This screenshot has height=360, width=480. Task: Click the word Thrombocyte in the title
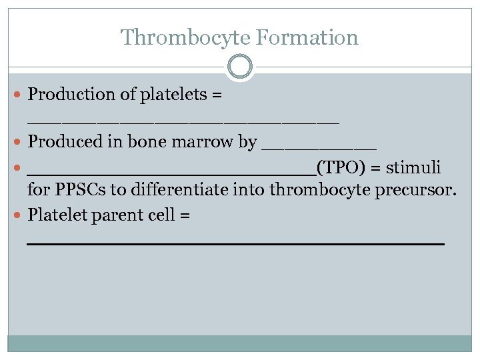(x=174, y=37)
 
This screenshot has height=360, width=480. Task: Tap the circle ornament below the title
(x=240, y=67)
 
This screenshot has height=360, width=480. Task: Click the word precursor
(x=420, y=191)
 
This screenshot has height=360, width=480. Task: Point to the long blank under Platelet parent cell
(x=235, y=245)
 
